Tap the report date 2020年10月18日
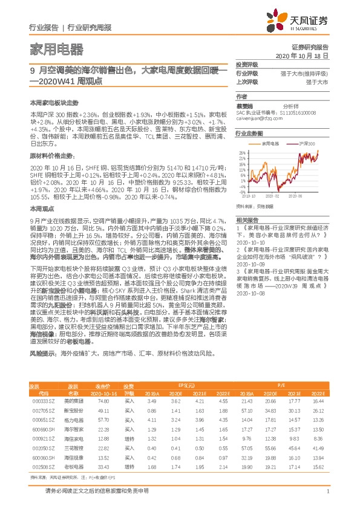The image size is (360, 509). click(301, 54)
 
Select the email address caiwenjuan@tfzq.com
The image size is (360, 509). click(260, 118)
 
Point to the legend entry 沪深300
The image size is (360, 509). click(307, 144)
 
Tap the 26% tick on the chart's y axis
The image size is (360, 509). click(243, 152)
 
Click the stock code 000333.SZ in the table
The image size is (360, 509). click(40, 401)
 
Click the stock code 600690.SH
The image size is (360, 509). click(40, 429)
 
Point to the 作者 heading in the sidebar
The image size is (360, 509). click(241, 96)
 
